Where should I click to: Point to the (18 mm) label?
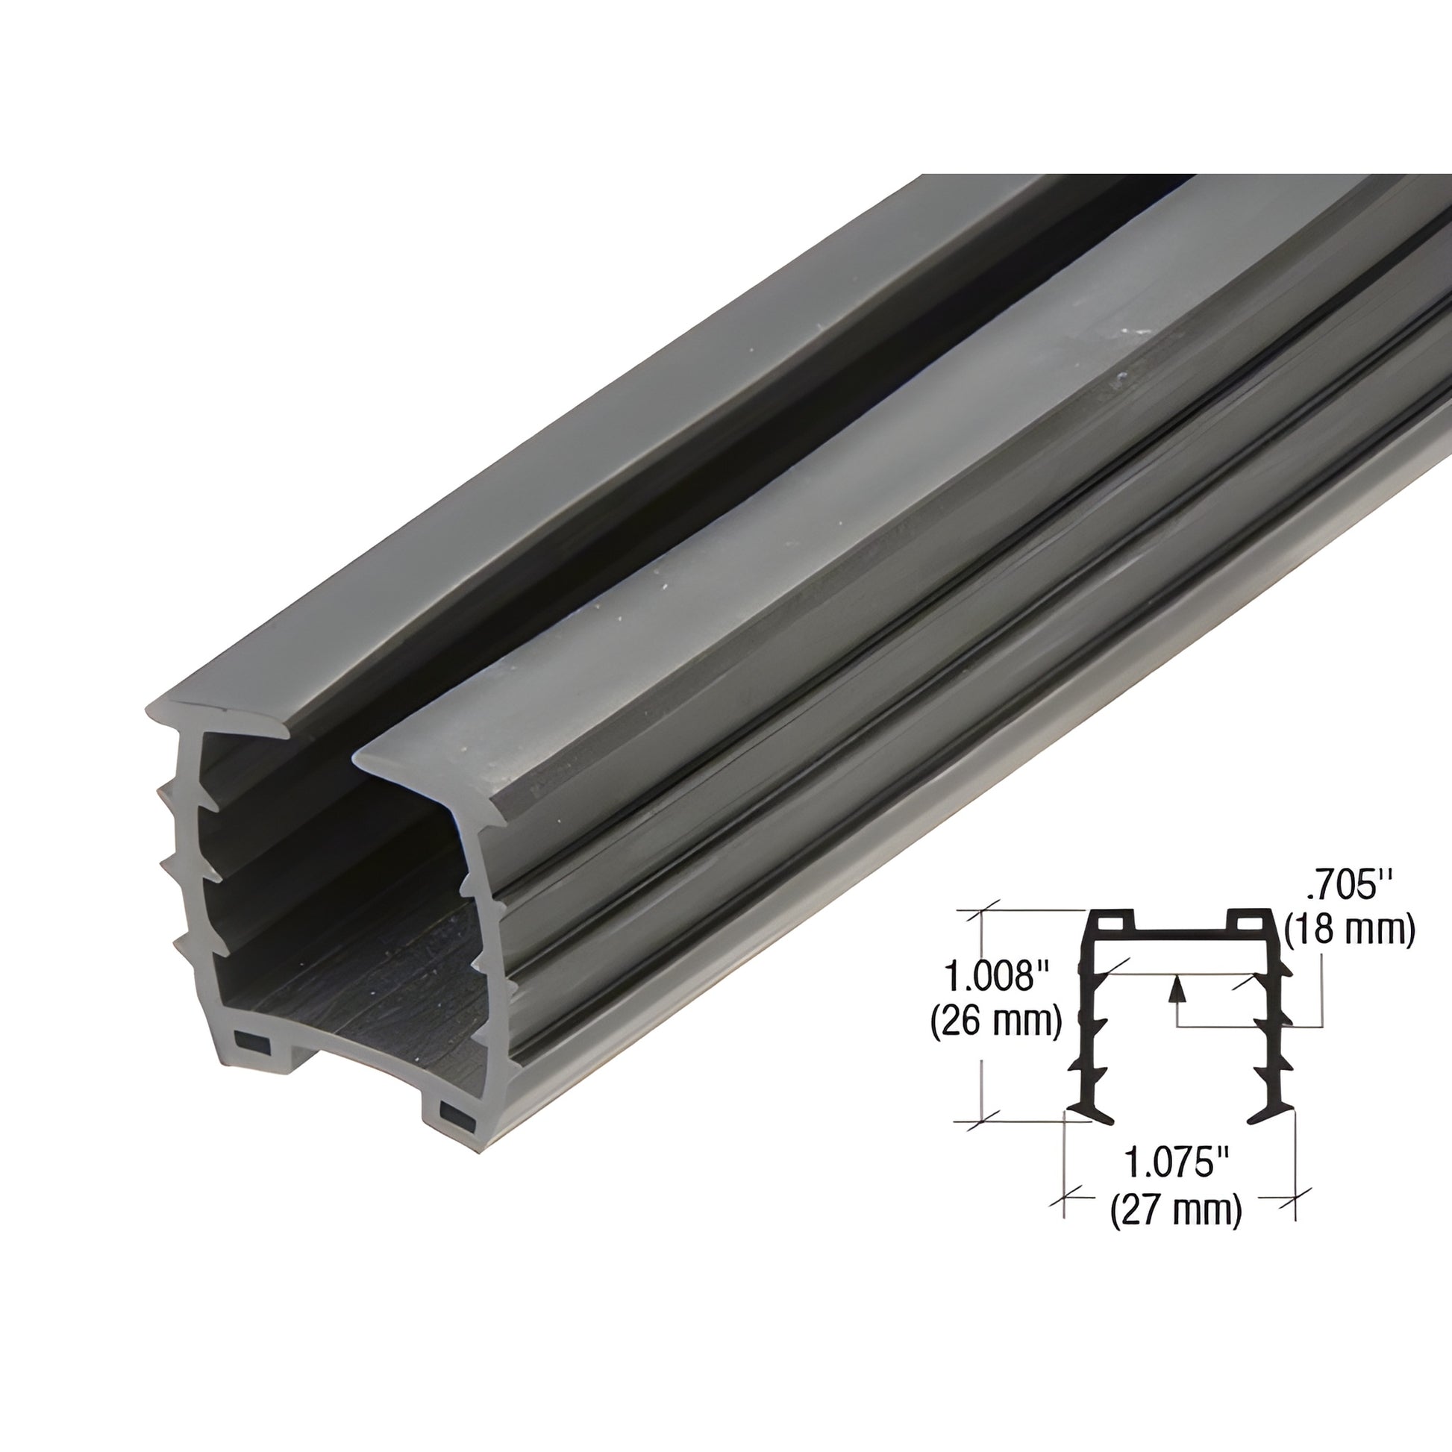pos(1350,930)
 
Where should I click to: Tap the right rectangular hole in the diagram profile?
pos(1250,921)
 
